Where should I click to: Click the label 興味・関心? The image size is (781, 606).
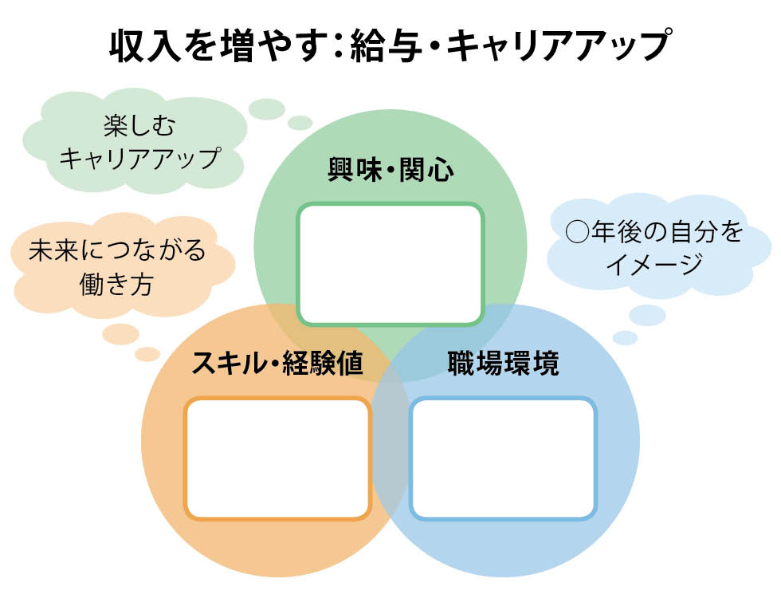[390, 170]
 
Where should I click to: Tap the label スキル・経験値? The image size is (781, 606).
[277, 363]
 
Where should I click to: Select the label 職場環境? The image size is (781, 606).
[503, 363]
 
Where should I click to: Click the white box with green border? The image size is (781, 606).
[390, 264]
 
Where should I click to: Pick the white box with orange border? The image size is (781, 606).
[278, 458]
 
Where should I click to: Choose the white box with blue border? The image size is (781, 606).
[503, 458]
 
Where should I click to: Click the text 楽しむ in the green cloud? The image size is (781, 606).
[139, 125]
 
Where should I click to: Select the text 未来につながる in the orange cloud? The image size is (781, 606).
[117, 250]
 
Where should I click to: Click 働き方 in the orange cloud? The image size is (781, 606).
[116, 284]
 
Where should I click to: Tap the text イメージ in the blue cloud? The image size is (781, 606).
[654, 264]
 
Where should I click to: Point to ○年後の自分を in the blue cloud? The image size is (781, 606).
[654, 231]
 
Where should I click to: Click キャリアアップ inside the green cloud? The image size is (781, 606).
[139, 158]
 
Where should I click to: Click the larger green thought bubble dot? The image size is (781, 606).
[267, 109]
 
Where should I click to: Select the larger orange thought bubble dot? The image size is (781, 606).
[121, 334]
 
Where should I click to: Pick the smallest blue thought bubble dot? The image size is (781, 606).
[625, 338]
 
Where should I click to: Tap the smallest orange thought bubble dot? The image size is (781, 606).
[147, 354]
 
